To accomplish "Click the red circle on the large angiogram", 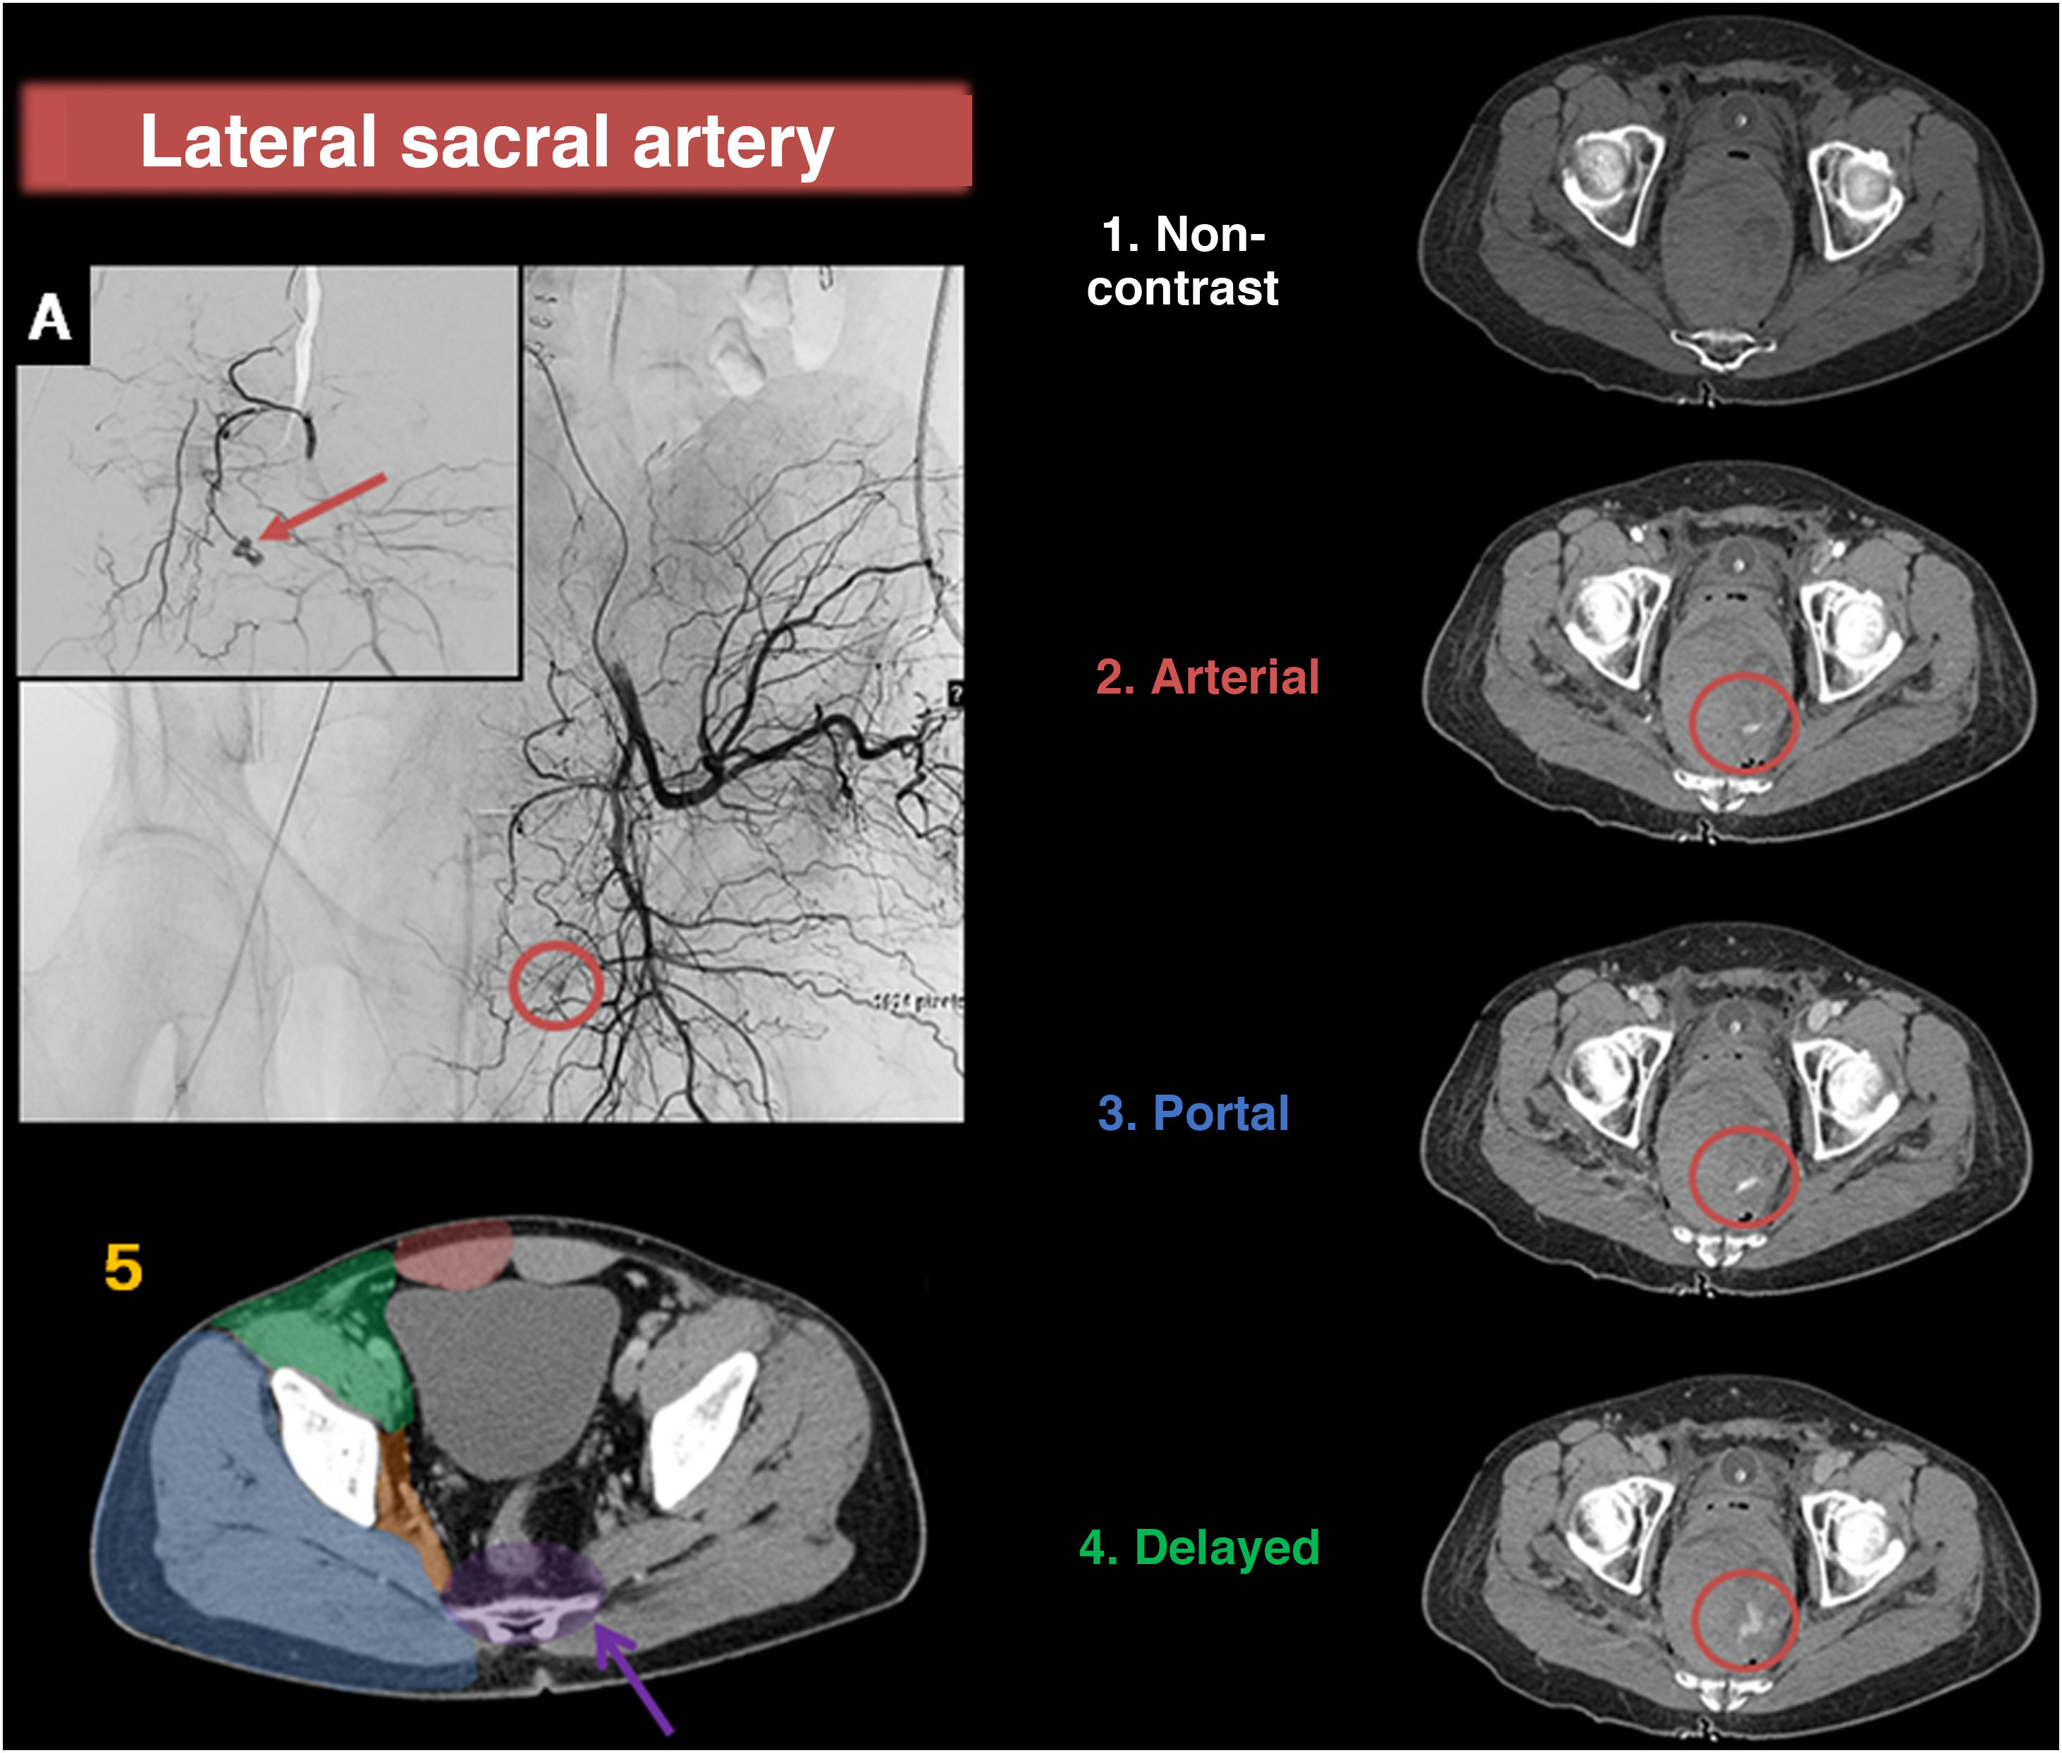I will [x=556, y=985].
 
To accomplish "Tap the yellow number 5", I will [x=123, y=1269].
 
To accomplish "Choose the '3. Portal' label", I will [x=1193, y=1113].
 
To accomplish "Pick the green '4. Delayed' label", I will [x=1198, y=1547].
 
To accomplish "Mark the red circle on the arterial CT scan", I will [x=1743, y=722].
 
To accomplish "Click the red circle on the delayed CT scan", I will [x=1744, y=1620].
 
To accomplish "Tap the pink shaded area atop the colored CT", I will [x=453, y=1254].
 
